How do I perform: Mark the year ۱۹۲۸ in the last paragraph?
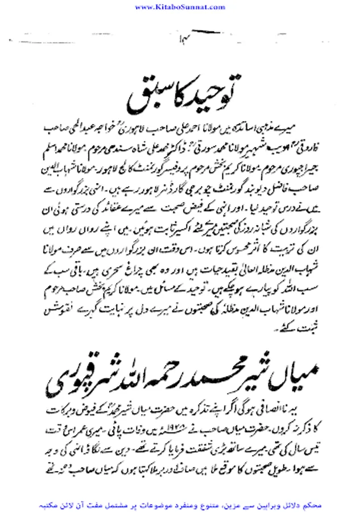(x=181, y=424)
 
